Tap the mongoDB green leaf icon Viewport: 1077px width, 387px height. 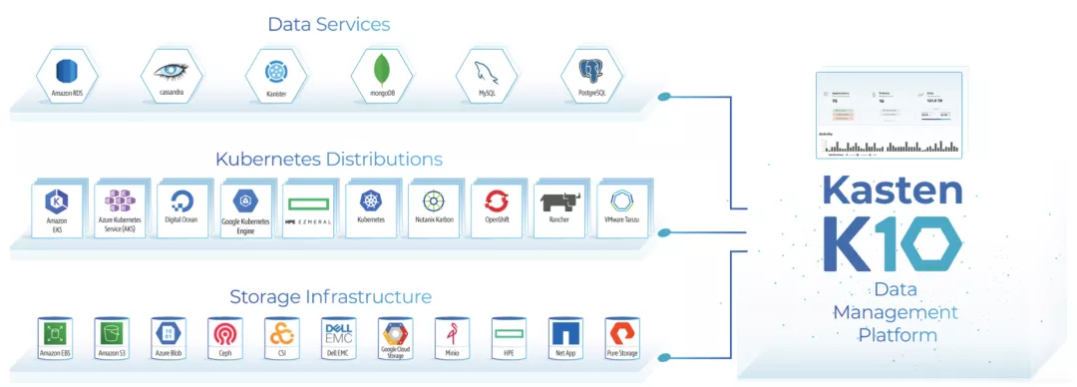click(380, 71)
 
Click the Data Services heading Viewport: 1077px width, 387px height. click(328, 24)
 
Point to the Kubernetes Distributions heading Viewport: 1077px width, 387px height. click(328, 159)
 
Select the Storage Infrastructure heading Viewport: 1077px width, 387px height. click(330, 296)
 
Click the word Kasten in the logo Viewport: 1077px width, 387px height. click(893, 191)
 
